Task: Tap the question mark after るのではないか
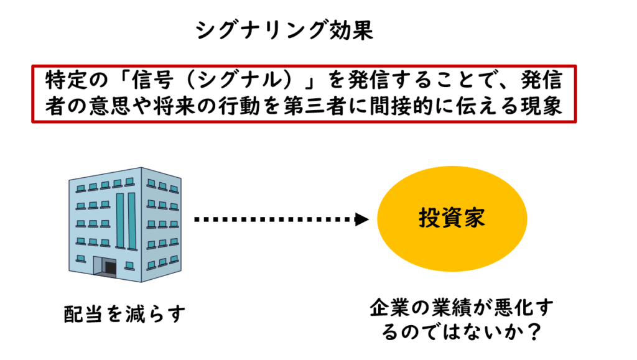[531, 332]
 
